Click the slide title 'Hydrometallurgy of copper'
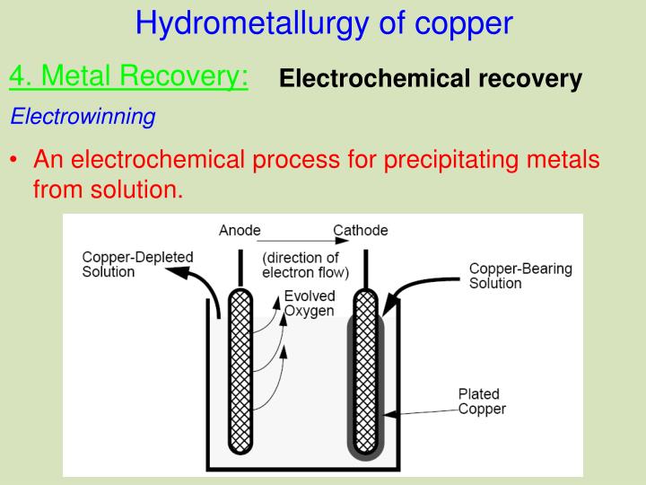click(324, 23)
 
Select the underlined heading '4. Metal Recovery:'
click(129, 77)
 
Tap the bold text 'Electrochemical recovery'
click(431, 79)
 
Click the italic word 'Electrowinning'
click(83, 117)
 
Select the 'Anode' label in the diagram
click(240, 231)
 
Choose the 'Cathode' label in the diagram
click(361, 231)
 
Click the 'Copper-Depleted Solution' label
click(137, 264)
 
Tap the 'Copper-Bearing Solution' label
click(520, 276)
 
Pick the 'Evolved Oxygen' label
click(310, 304)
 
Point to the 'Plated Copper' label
click(482, 401)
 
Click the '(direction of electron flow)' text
click(306, 265)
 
